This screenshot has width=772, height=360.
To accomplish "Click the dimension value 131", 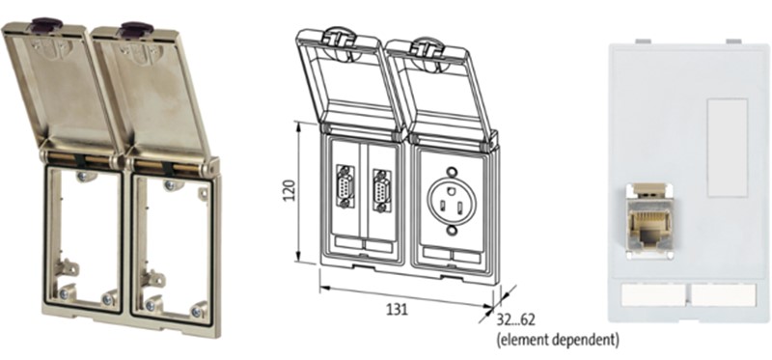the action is [397, 309].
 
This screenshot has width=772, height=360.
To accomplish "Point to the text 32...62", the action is [515, 320].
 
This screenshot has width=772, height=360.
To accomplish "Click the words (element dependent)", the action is [558, 340].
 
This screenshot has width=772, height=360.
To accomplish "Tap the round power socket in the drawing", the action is [452, 202].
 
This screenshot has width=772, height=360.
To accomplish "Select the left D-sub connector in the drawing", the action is [345, 186].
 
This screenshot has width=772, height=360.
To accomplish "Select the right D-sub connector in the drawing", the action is [382, 190].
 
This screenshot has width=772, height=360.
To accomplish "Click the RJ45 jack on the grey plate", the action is [648, 221].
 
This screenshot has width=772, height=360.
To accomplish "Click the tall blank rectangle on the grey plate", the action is [728, 148].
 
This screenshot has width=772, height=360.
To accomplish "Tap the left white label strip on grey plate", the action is [653, 294].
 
